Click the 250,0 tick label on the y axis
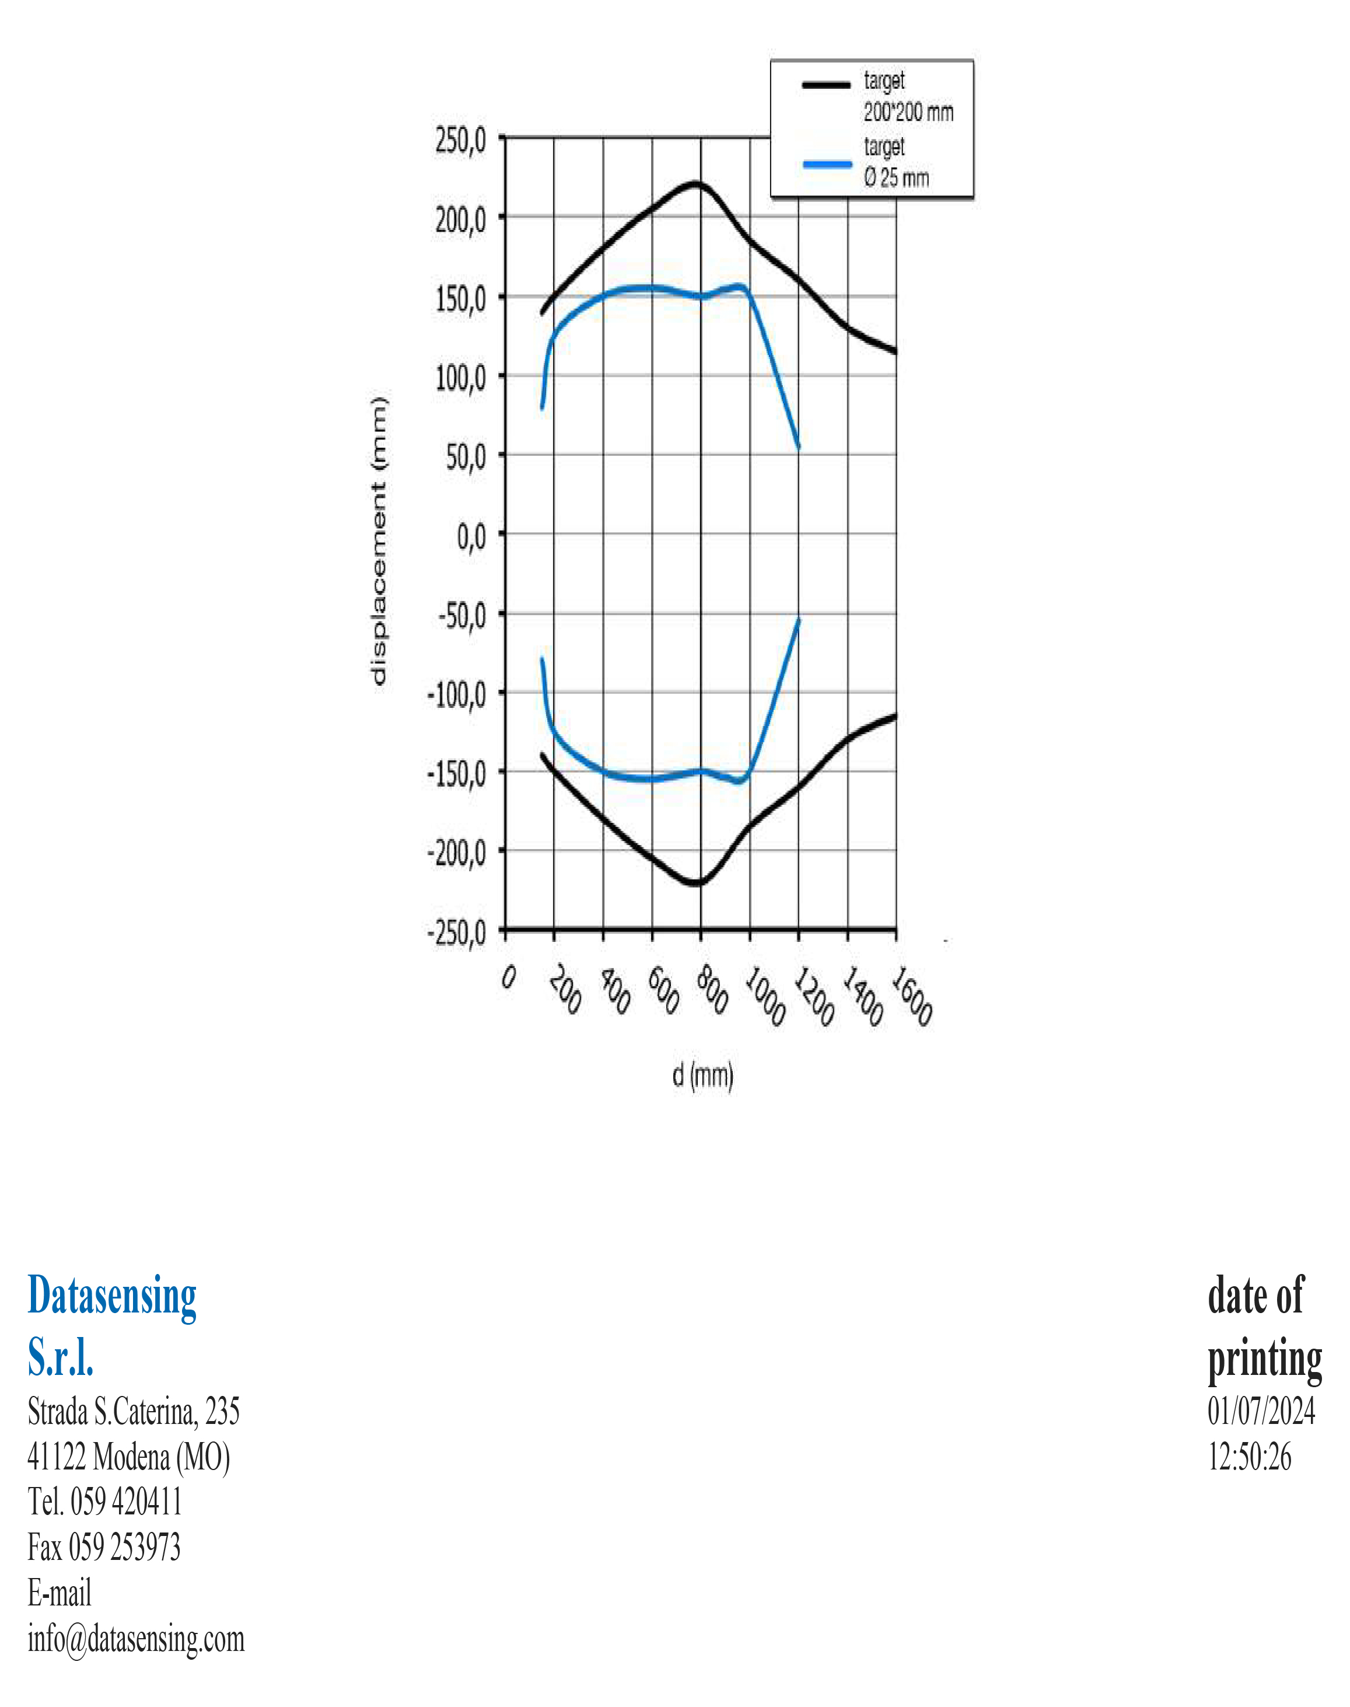(461, 142)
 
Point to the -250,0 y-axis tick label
(457, 933)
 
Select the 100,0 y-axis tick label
(461, 379)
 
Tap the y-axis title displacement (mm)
(379, 542)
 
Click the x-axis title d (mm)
(702, 1076)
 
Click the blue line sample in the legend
(827, 163)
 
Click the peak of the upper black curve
(695, 183)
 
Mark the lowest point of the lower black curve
(695, 883)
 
